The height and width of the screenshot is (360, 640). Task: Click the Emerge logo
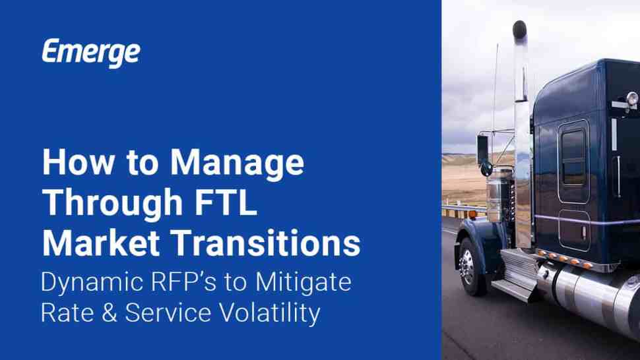click(x=91, y=53)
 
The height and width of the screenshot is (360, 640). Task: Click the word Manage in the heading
click(x=237, y=163)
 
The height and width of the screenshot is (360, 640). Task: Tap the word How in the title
click(x=79, y=162)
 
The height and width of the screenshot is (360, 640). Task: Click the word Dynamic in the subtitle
click(x=92, y=284)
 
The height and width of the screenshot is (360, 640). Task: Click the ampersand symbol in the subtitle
click(x=109, y=313)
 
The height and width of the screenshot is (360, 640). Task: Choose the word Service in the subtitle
click(x=168, y=313)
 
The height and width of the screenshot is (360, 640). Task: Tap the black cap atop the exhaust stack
click(x=520, y=30)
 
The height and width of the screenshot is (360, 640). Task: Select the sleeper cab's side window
click(x=574, y=157)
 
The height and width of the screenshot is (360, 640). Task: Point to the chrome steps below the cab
click(x=517, y=275)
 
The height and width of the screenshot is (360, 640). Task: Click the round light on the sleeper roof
click(x=632, y=98)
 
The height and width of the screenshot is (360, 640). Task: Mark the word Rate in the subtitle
click(x=67, y=313)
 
